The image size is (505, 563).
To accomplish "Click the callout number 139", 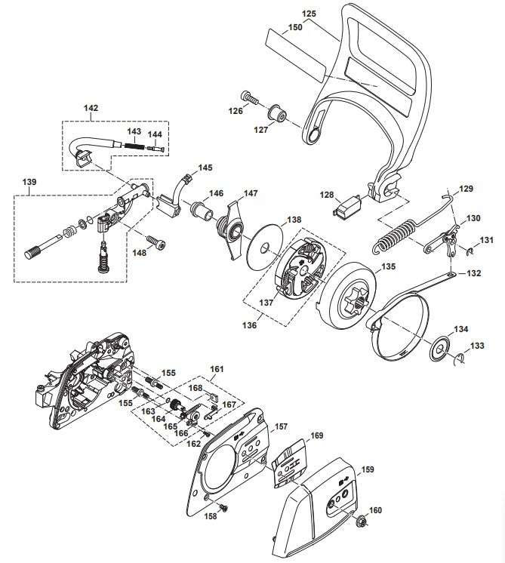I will pos(29,183).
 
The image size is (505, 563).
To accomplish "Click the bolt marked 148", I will pos(156,242).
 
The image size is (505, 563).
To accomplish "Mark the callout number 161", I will pos(217,370).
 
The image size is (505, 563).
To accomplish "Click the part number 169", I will pos(317,435).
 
